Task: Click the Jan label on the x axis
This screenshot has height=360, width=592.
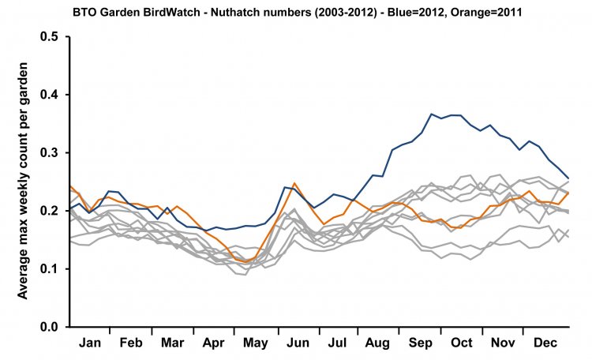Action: click(90, 343)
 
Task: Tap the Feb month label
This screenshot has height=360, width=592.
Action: click(130, 343)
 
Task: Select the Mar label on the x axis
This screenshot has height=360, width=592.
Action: click(171, 343)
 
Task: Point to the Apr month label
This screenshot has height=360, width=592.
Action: click(213, 343)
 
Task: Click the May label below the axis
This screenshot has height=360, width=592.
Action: click(254, 343)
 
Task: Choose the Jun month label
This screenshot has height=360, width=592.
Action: click(297, 343)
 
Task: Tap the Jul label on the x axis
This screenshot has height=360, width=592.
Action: click(337, 343)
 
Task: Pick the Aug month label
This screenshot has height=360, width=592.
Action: click(378, 343)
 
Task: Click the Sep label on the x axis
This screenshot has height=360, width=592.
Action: click(420, 343)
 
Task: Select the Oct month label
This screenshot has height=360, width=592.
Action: click(461, 343)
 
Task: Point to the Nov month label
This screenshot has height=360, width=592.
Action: click(502, 343)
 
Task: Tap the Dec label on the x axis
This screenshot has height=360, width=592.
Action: click(544, 343)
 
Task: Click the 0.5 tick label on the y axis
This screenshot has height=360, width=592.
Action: click(49, 37)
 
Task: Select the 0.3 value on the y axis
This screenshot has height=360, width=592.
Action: click(49, 152)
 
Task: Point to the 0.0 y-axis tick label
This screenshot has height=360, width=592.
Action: click(49, 327)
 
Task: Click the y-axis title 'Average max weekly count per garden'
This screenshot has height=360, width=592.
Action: click(24, 182)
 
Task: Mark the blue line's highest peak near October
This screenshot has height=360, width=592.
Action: click(433, 114)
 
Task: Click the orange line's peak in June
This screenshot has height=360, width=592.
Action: click(294, 183)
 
